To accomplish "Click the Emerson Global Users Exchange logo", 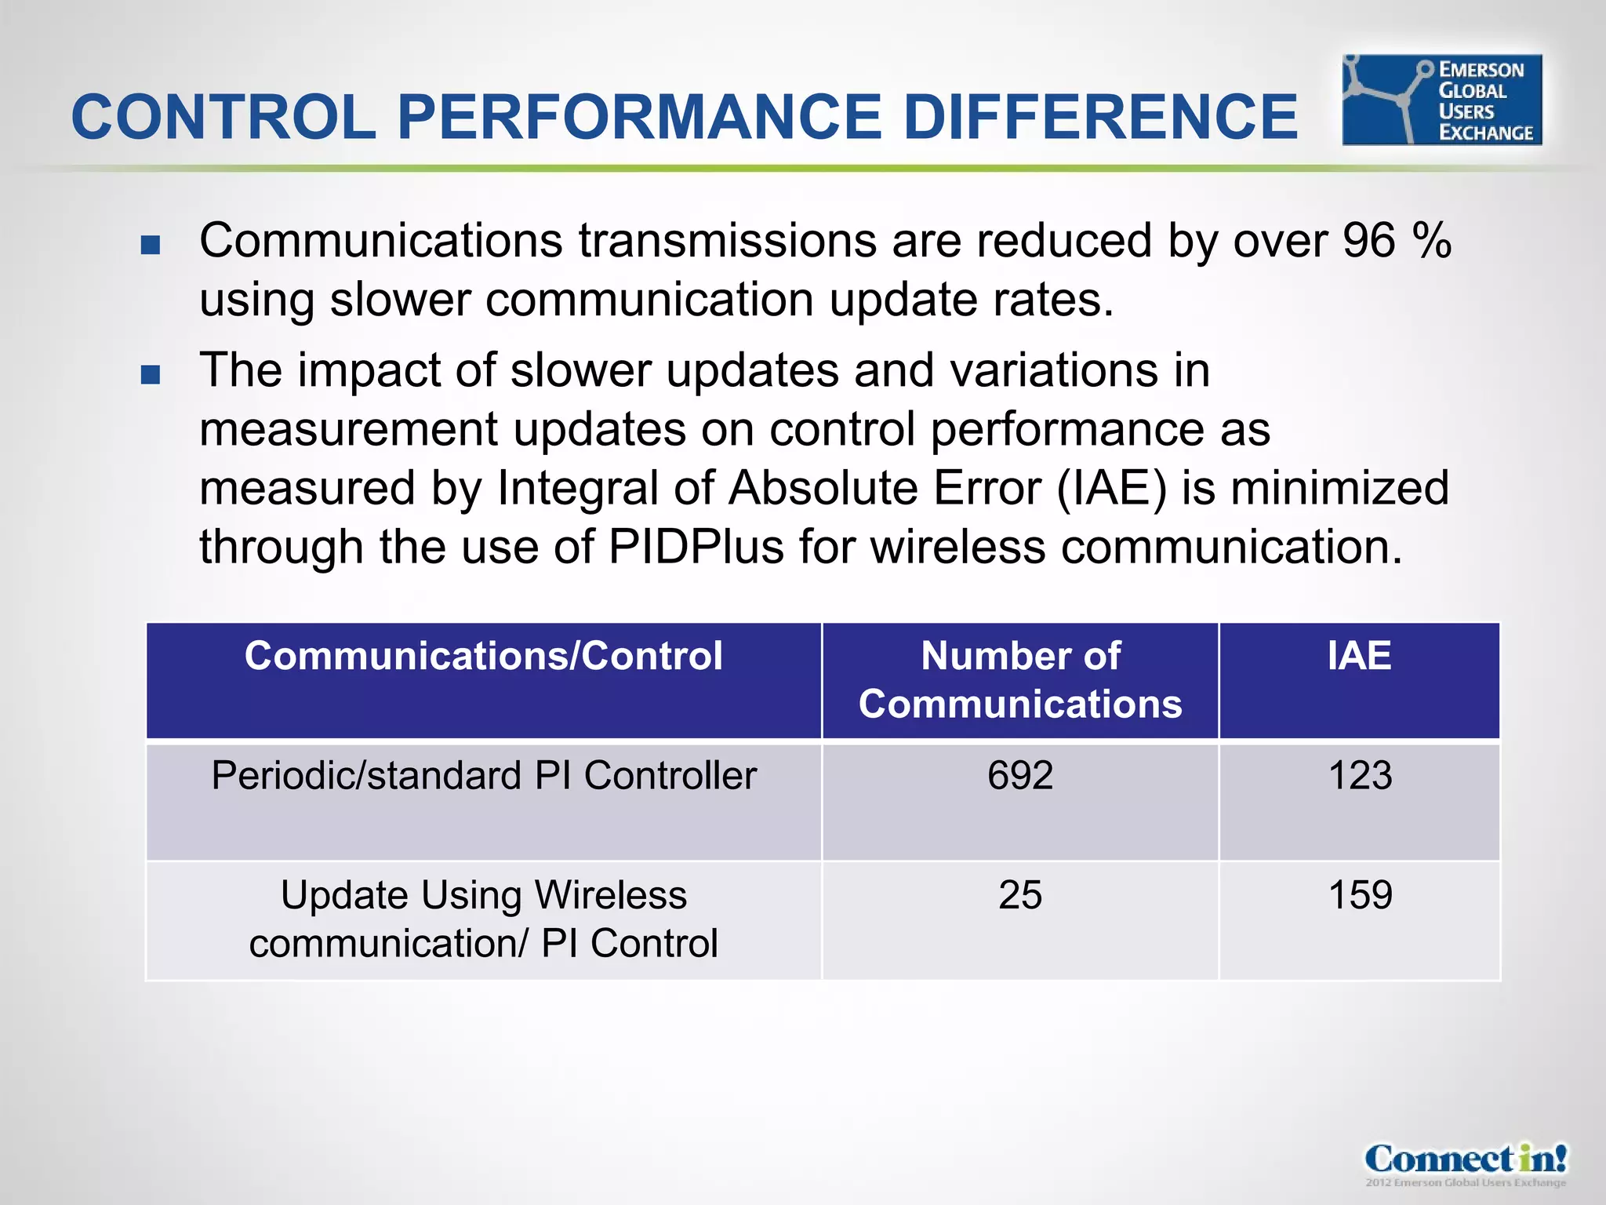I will [x=1441, y=100].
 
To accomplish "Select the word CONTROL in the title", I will [x=223, y=117].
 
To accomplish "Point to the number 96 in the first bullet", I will [x=1368, y=240].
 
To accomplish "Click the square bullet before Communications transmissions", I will [x=151, y=245].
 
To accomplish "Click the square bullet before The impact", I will [x=151, y=374].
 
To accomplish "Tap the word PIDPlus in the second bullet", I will [x=696, y=547].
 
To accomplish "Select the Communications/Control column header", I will [x=483, y=656].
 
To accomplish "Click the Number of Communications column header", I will [x=1020, y=679].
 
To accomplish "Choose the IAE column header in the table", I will [x=1359, y=656].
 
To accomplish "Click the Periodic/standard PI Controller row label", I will [x=483, y=776].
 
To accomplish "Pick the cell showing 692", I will [x=1020, y=776].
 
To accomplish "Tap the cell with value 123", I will [x=1360, y=776].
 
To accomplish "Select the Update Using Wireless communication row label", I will [x=483, y=919].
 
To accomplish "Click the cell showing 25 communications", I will [x=1020, y=895].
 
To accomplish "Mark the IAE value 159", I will [x=1360, y=895].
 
